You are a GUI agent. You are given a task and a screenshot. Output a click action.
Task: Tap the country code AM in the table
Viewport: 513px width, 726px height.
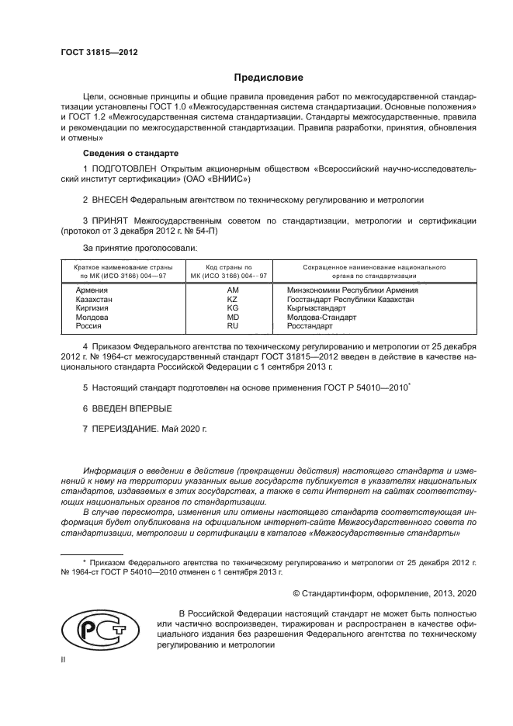pos(231,290)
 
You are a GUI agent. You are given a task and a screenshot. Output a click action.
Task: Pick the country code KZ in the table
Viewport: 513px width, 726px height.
pos(231,299)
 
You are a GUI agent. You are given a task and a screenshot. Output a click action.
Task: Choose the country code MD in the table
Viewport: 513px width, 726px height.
pos(231,318)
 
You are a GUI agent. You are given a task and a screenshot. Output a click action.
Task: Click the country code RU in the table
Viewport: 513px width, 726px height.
pos(231,327)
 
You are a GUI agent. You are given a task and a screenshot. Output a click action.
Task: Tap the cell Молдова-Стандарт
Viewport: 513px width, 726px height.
pos(321,318)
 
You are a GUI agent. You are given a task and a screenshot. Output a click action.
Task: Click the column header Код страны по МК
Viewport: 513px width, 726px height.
pos(231,271)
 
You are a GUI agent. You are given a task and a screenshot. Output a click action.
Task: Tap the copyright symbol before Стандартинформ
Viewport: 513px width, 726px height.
pos(296,593)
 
